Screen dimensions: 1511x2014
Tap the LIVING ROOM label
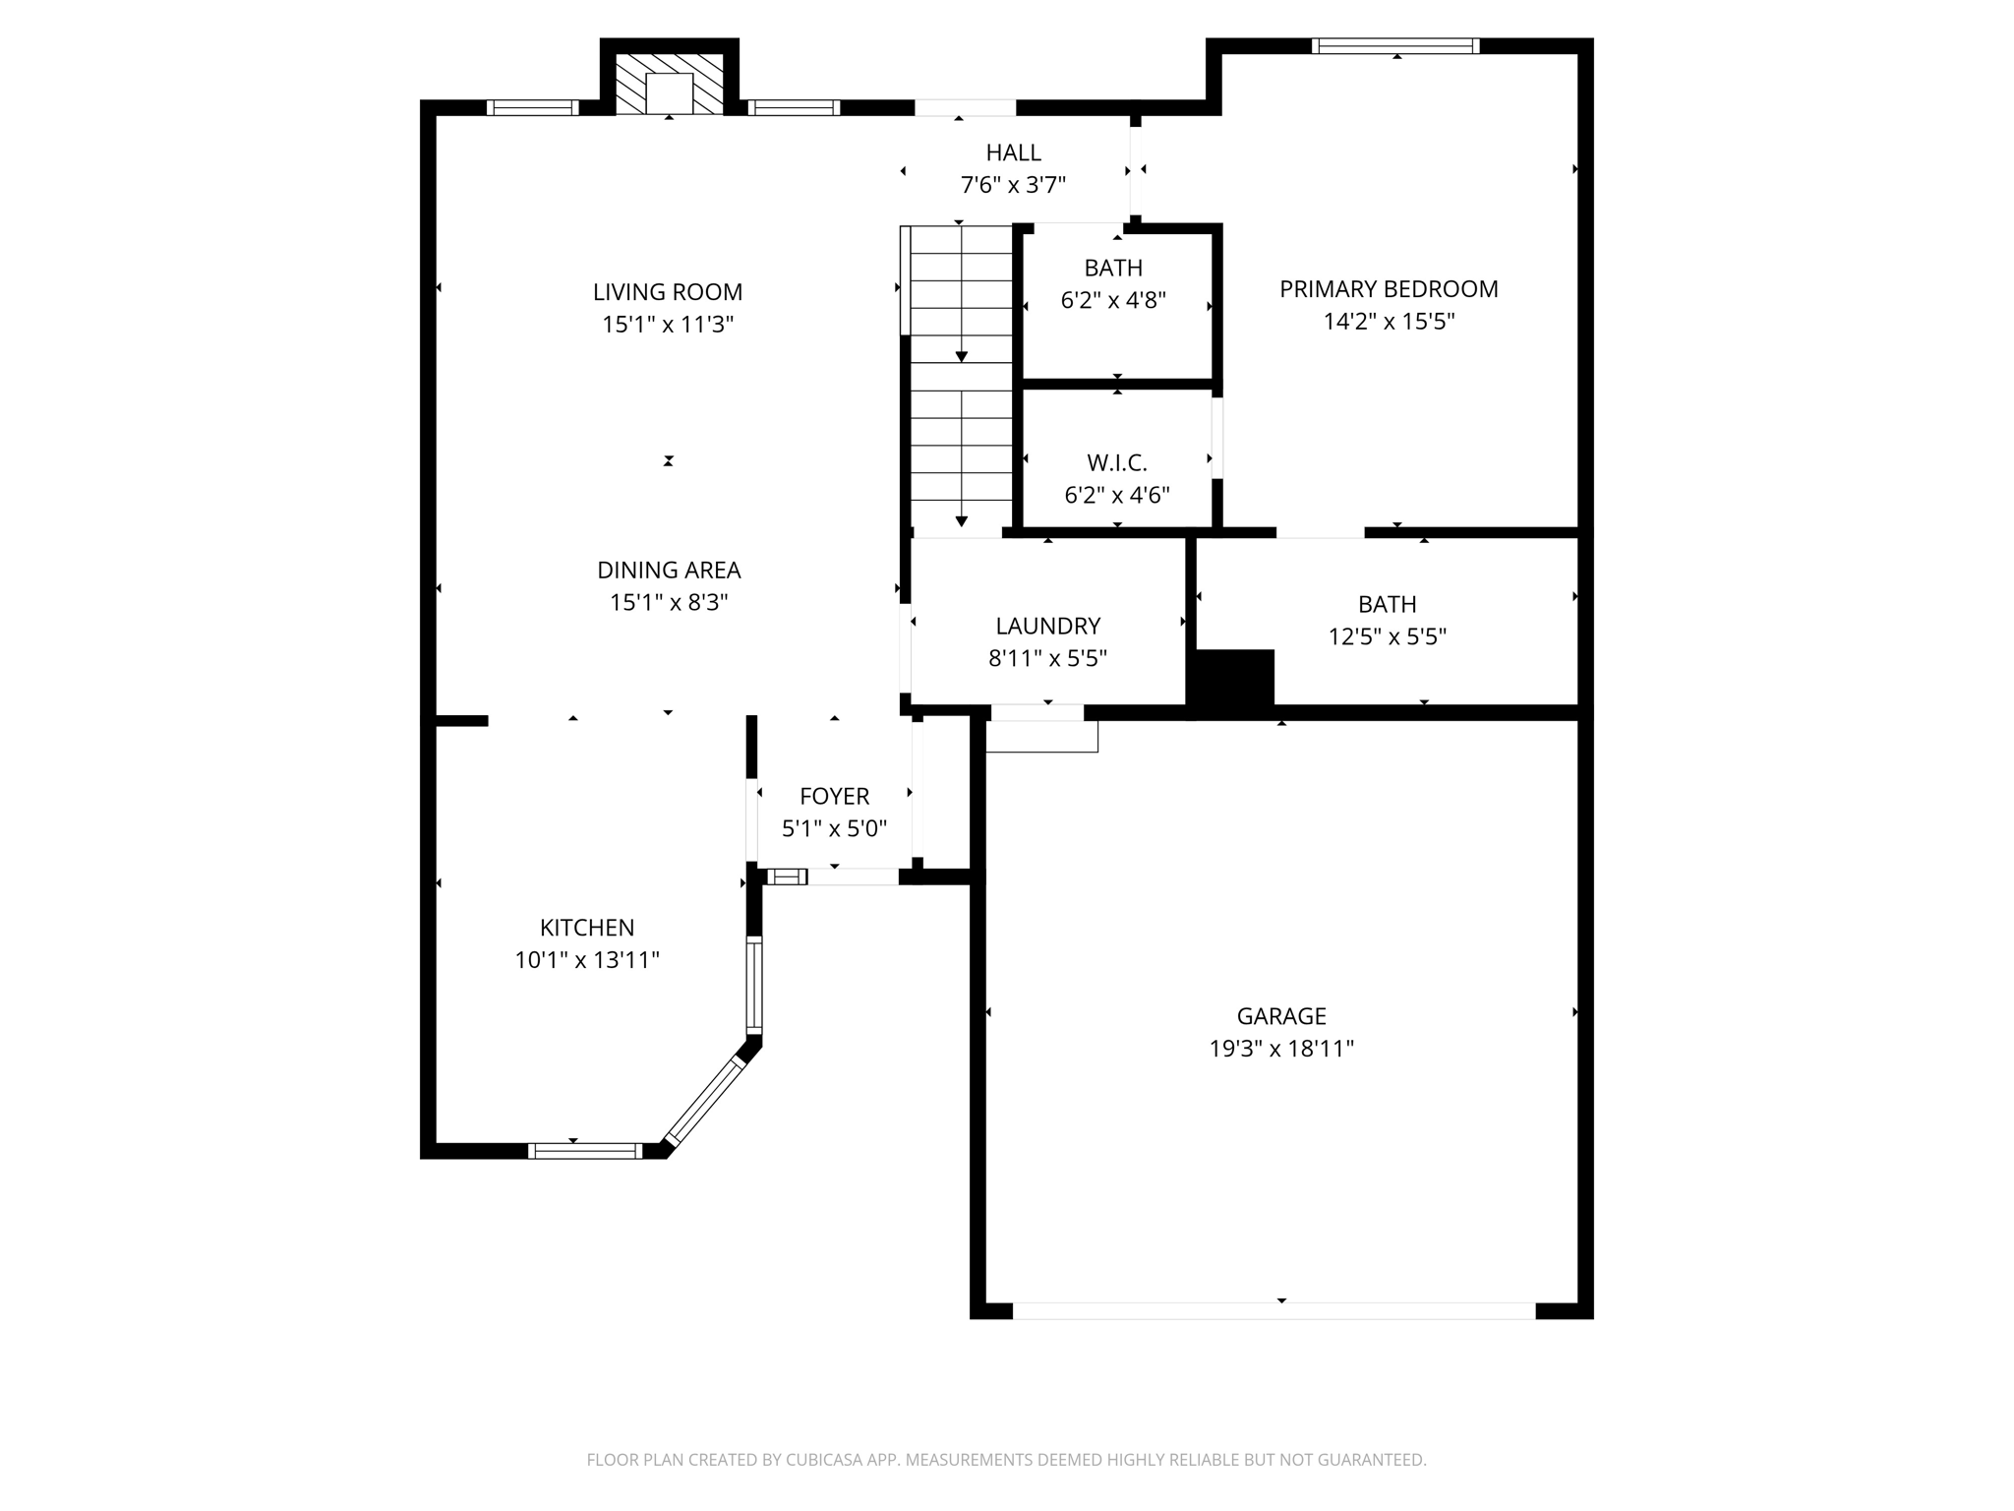click(668, 292)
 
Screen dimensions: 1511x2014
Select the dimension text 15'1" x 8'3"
click(669, 602)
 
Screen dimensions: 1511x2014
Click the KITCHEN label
click(587, 928)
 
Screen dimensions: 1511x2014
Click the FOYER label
click(834, 796)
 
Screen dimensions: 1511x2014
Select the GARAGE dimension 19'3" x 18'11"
click(1281, 1049)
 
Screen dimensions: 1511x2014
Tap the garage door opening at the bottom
click(1274, 1311)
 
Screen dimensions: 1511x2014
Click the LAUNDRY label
click(1047, 626)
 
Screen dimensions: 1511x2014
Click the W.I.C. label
click(1116, 462)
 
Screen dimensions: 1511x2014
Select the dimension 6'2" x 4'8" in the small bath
click(1113, 300)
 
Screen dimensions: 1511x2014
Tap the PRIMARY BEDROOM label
click(1389, 289)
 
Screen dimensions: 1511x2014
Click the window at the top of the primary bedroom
click(1395, 45)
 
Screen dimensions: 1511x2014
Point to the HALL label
click(1013, 152)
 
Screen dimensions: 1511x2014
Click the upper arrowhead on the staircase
click(961, 356)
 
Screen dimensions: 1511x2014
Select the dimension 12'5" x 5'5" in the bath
click(1387, 636)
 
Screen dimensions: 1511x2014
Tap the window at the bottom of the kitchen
click(585, 1151)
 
